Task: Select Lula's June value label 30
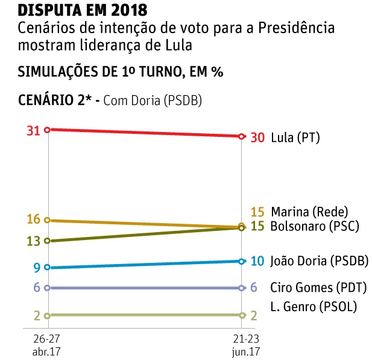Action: pos(257,137)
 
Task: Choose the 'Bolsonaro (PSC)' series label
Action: pos(315,227)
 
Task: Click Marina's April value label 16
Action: pos(34,219)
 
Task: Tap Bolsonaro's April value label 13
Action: pos(34,241)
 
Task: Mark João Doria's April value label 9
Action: pos(37,268)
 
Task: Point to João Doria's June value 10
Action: pos(257,261)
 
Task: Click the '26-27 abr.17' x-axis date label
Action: pos(46,343)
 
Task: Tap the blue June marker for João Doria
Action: pos(242,261)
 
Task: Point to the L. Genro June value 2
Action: pos(254,315)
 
